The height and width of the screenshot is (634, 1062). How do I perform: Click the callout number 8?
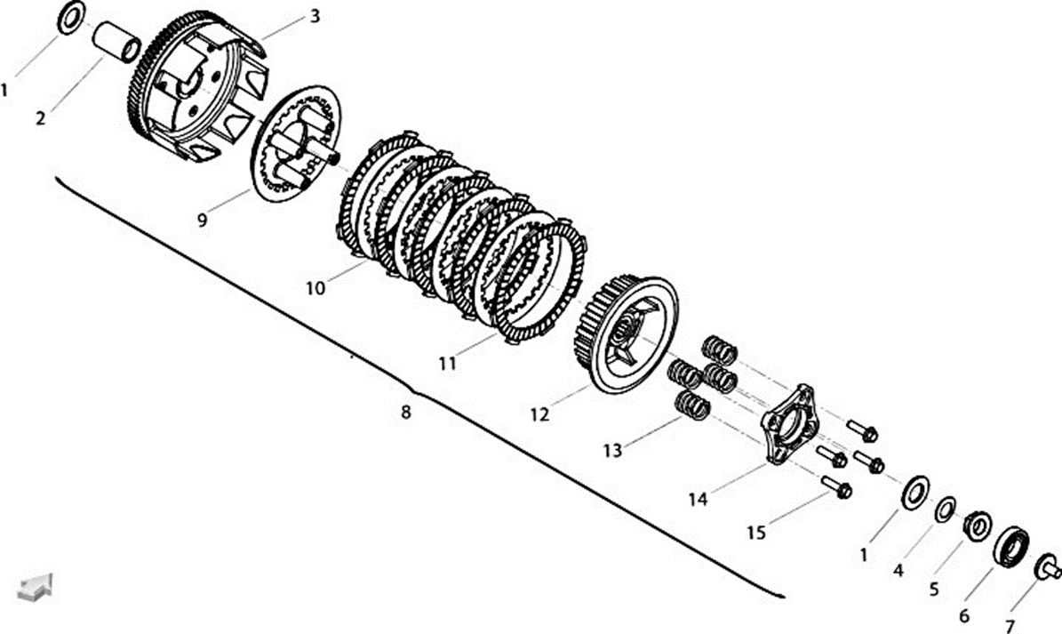pyautogui.click(x=406, y=412)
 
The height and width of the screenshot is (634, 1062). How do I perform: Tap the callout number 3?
pyautogui.click(x=315, y=16)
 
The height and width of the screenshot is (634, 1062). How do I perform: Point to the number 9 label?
pyautogui.click(x=203, y=221)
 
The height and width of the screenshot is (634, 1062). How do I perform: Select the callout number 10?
pyautogui.click(x=315, y=288)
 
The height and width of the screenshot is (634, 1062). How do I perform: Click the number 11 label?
pyautogui.click(x=448, y=364)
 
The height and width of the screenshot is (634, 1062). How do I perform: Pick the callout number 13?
pyautogui.click(x=612, y=451)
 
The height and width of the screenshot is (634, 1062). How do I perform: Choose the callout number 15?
pyautogui.click(x=756, y=533)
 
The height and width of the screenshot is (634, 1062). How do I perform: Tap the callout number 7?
pyautogui.click(x=1010, y=627)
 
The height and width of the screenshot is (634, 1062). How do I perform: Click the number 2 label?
pyautogui.click(x=41, y=118)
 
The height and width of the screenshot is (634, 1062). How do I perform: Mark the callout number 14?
pyautogui.click(x=698, y=499)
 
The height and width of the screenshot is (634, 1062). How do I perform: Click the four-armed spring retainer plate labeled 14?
pyautogui.click(x=789, y=423)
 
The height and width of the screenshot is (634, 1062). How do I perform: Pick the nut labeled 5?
pyautogui.click(x=978, y=526)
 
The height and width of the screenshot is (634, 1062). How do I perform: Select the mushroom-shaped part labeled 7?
pyautogui.click(x=1046, y=567)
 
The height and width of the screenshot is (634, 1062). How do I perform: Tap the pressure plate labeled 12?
pyautogui.click(x=627, y=334)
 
